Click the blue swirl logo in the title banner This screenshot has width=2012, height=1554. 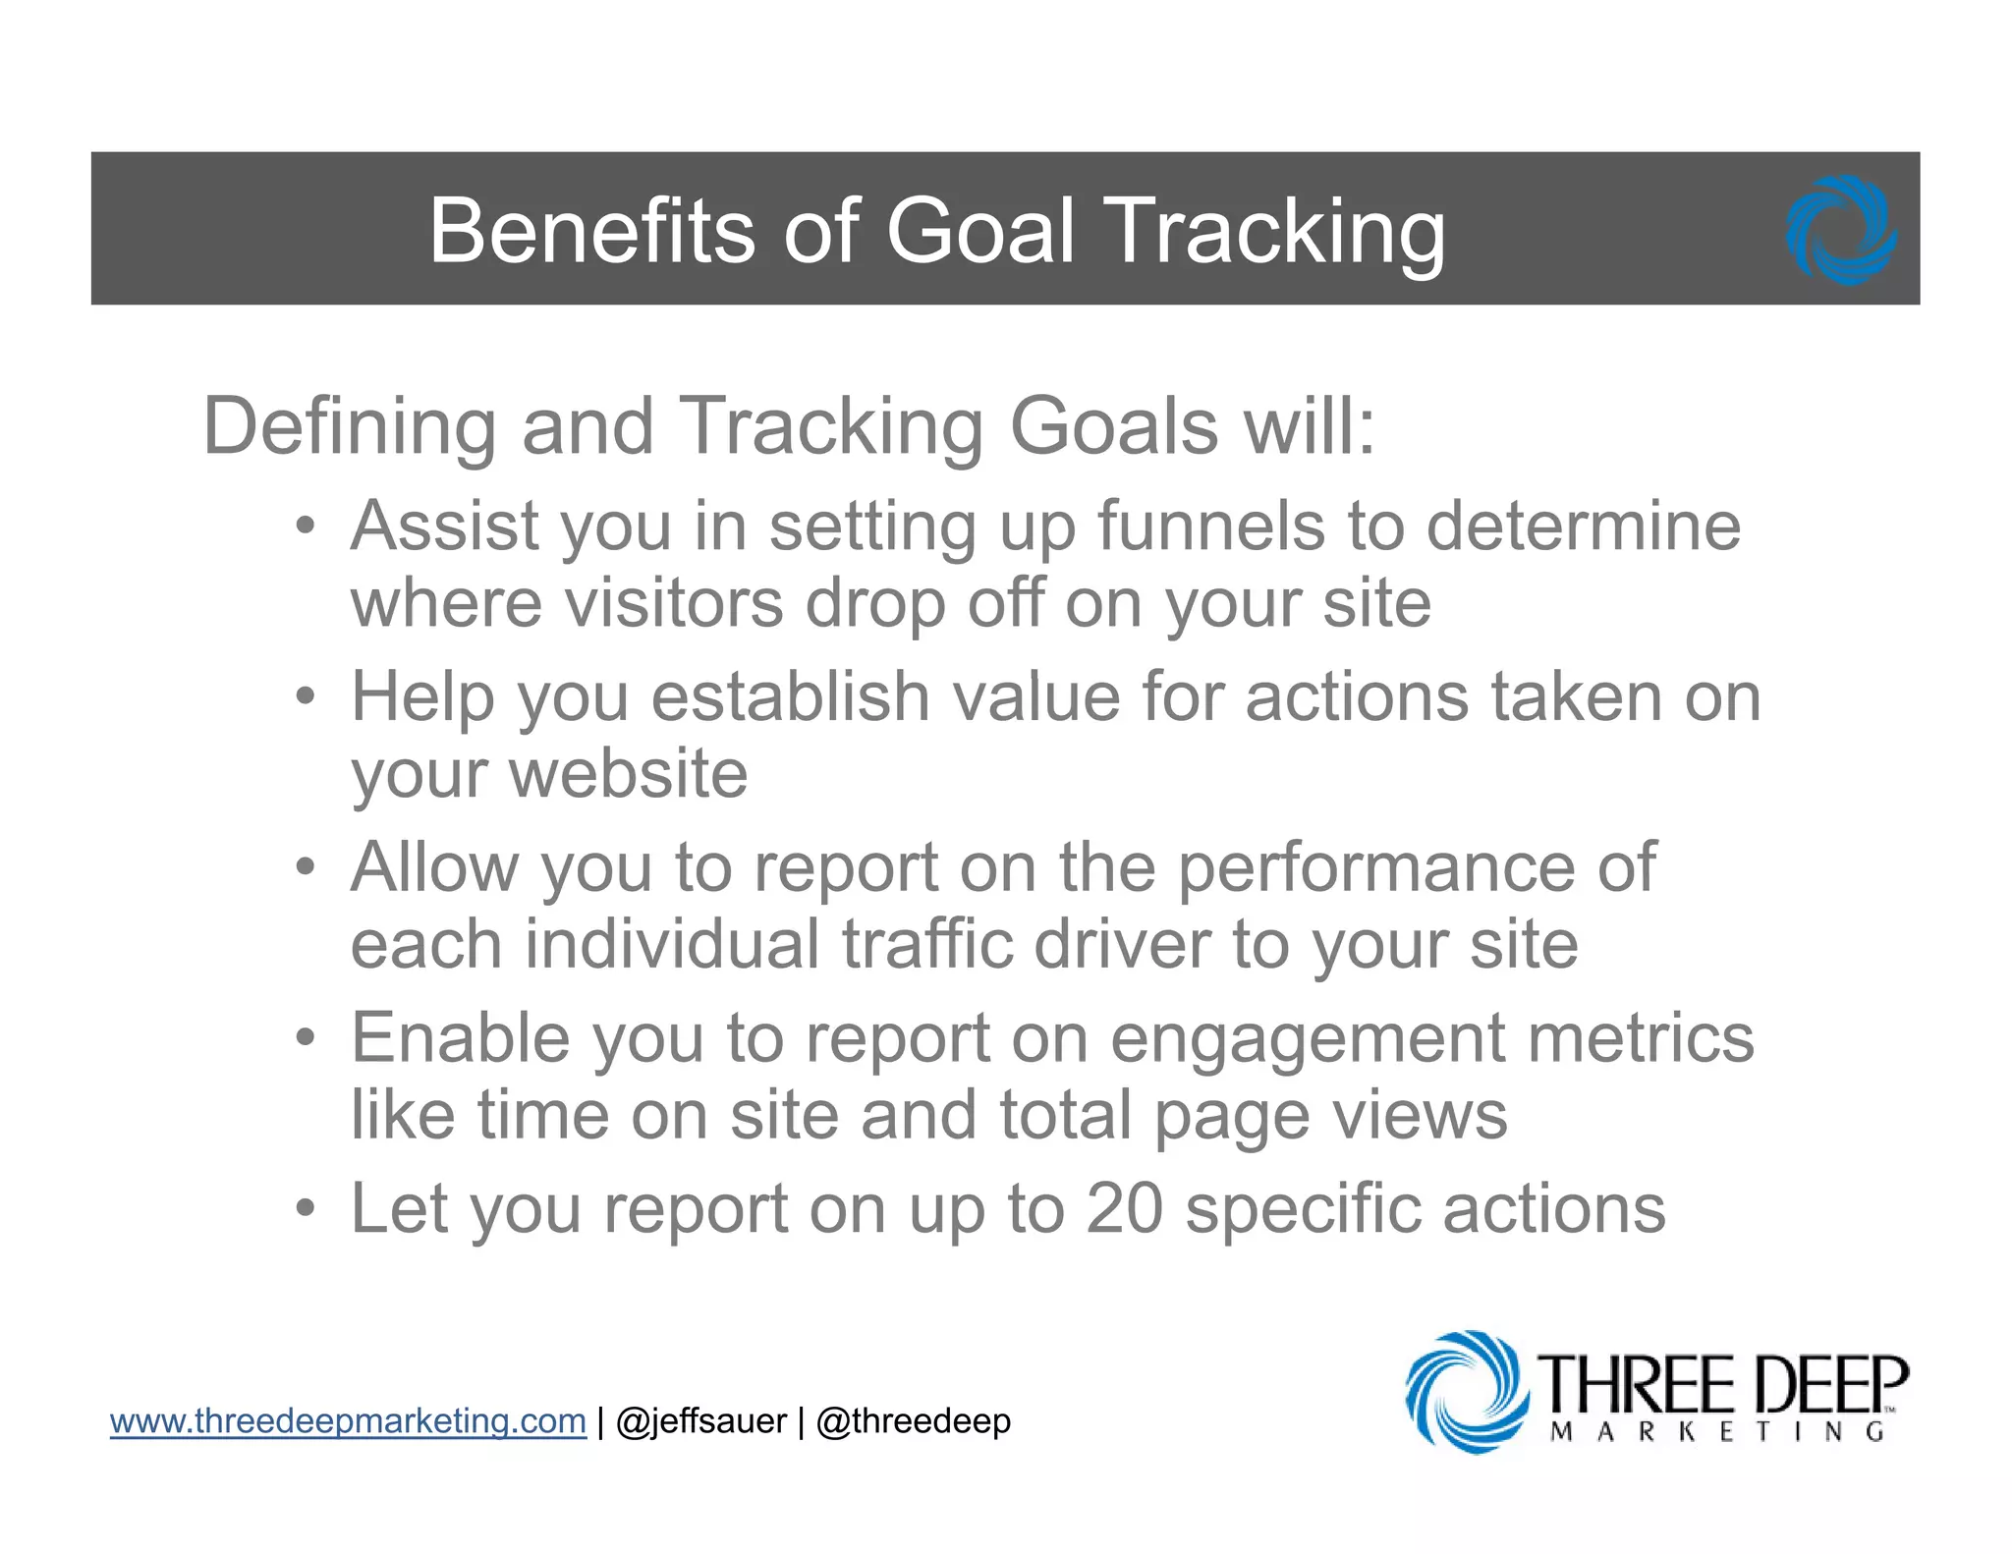point(1841,231)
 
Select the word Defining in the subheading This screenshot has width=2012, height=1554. point(349,427)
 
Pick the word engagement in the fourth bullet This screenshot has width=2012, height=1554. point(1308,1039)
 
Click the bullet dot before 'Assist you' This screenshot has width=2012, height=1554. point(307,527)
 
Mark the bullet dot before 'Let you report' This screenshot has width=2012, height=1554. point(307,1208)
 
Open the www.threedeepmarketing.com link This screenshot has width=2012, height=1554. point(348,1421)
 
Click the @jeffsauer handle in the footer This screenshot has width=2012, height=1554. point(700,1421)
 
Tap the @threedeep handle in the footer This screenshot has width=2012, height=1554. point(913,1421)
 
